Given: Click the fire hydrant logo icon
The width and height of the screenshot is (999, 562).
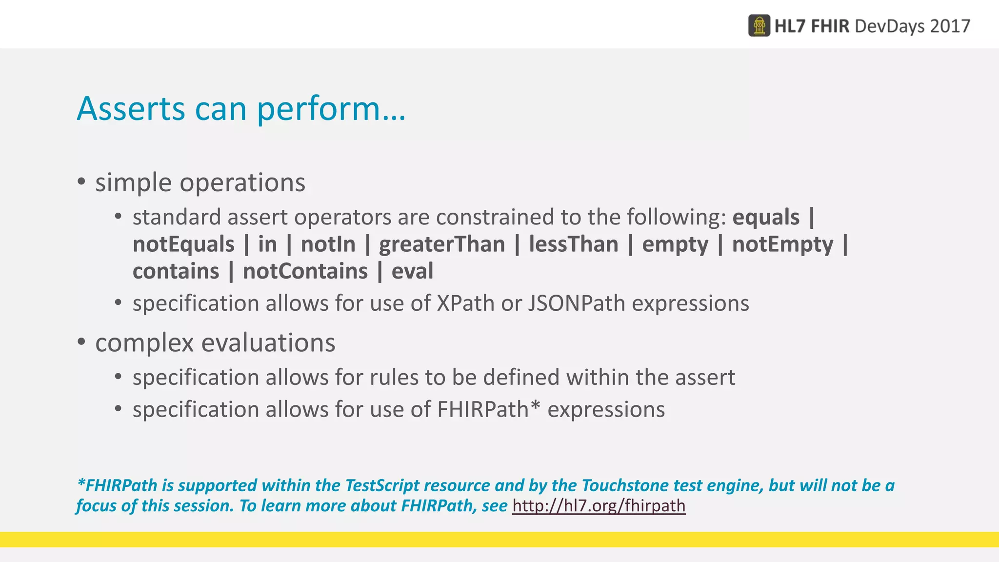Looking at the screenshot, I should (x=759, y=25).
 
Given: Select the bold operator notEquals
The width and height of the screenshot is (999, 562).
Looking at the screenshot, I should (x=183, y=244).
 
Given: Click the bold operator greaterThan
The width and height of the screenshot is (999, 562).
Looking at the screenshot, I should (x=442, y=244).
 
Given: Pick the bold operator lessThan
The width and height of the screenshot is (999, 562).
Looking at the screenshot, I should (x=573, y=244).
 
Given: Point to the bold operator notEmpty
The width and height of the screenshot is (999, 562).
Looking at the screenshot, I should (x=782, y=244).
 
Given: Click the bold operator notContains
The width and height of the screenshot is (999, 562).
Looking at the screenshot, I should (x=305, y=271).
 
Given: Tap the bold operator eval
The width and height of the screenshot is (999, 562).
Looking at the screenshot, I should (x=412, y=271).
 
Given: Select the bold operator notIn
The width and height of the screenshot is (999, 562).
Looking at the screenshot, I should (x=328, y=244).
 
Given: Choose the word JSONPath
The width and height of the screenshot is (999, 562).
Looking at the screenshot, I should (x=577, y=303).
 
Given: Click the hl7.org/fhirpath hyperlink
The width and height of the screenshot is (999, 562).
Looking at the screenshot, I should (x=599, y=506).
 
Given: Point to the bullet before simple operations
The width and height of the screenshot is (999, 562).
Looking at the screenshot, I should (x=81, y=182).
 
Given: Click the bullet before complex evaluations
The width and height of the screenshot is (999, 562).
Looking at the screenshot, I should (x=81, y=342).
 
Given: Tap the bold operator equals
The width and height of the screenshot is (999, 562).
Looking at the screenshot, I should (x=766, y=217).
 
